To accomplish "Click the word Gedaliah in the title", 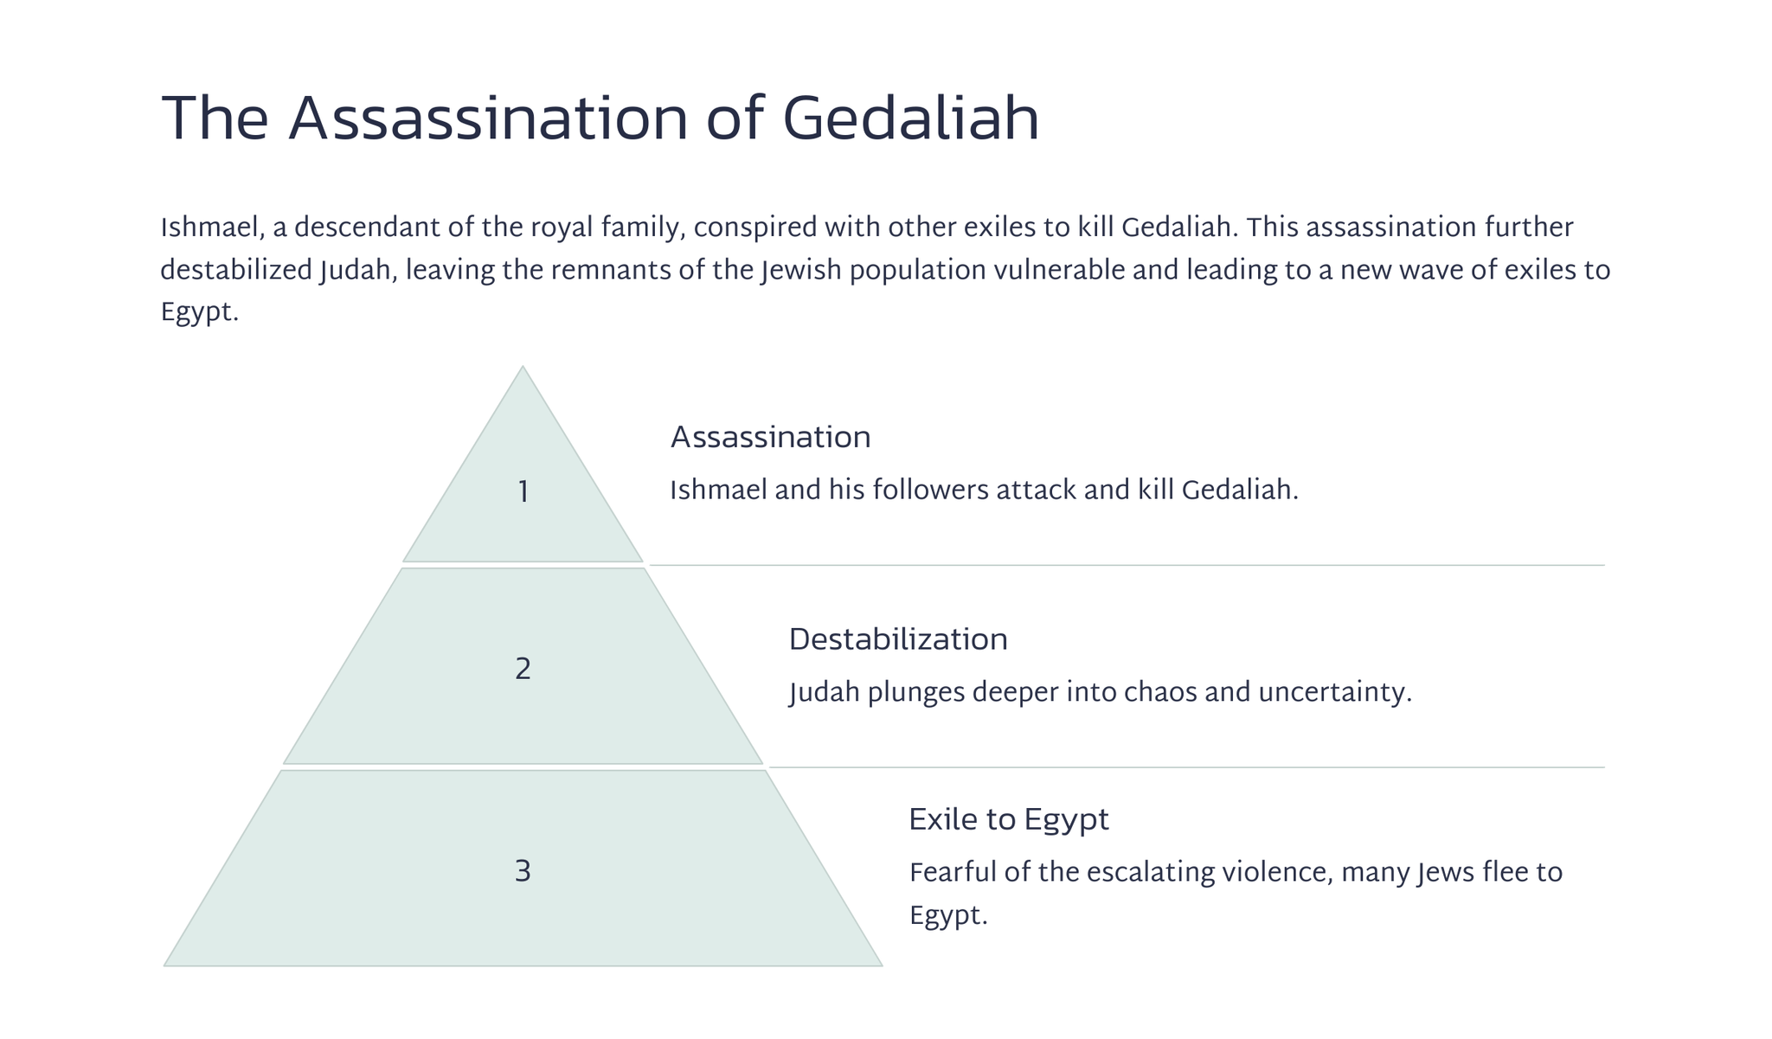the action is click(910, 119).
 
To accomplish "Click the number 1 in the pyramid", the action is click(523, 492).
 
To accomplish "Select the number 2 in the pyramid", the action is click(523, 669).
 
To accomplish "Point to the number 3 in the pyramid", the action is click(523, 871).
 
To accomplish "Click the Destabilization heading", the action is click(898, 639).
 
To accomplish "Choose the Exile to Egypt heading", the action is click(1009, 819).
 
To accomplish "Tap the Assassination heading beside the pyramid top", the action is click(771, 437).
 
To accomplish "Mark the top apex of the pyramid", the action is click(523, 366).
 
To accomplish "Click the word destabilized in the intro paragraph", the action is click(236, 271).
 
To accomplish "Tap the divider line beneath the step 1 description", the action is click(1127, 565).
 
